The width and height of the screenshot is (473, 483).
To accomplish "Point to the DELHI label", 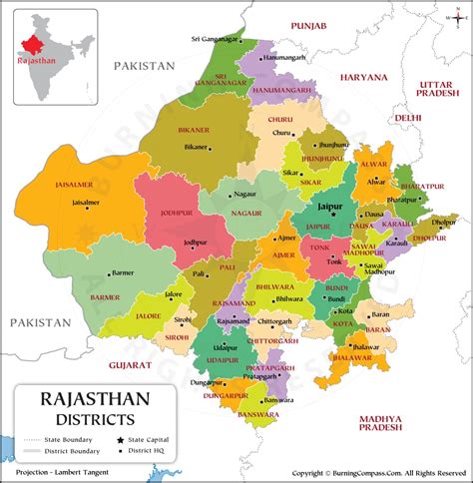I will [407, 117].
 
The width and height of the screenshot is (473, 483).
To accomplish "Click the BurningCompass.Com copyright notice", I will [379, 474].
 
